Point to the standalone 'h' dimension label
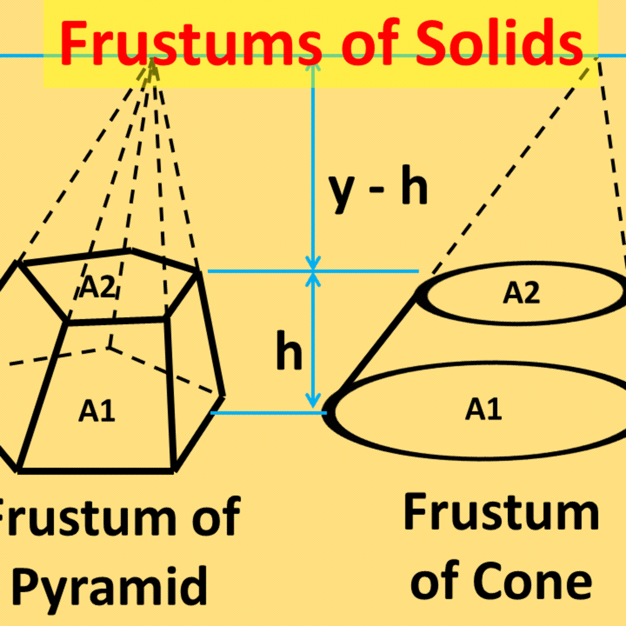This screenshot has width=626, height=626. pos(288,351)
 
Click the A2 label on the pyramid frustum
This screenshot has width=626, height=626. pos(97,286)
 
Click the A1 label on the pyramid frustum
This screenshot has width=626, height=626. pos(97,411)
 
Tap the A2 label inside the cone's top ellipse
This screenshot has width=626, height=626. pos(521,293)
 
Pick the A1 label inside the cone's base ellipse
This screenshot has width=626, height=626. pos(483,410)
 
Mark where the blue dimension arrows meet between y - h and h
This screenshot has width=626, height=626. pos(313,271)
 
